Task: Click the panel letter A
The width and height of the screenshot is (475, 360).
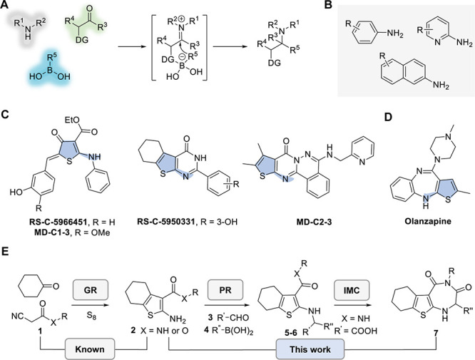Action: [x=7, y=6]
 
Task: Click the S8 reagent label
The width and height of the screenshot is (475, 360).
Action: [x=79, y=292]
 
